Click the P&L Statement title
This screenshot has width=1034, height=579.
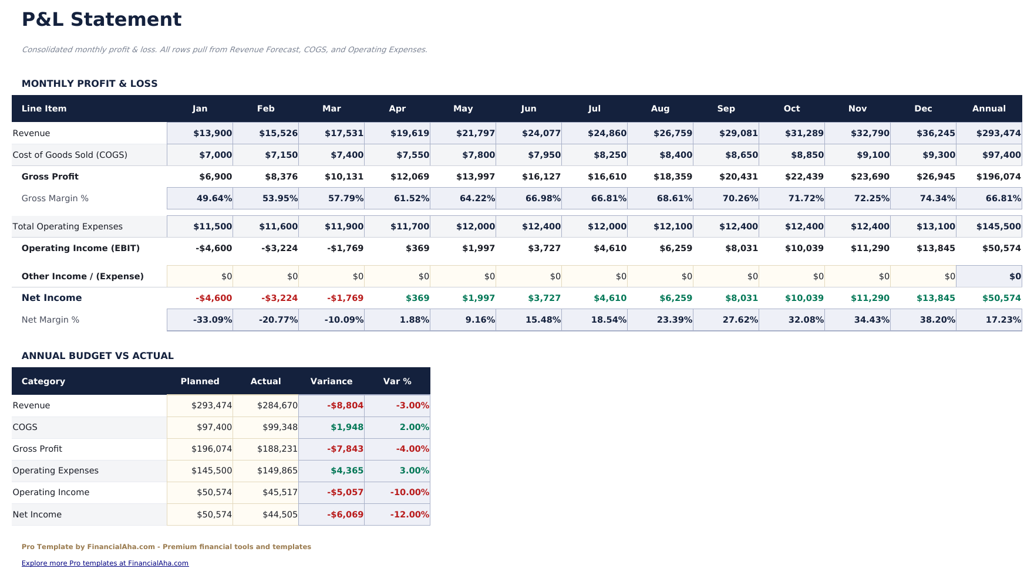click(102, 19)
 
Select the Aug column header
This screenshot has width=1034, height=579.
click(660, 109)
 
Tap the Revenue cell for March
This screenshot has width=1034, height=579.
click(344, 133)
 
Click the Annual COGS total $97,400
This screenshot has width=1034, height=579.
click(998, 155)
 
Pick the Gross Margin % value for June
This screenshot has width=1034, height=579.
click(543, 198)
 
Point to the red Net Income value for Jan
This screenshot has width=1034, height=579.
click(214, 298)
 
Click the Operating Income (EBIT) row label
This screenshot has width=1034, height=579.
click(80, 248)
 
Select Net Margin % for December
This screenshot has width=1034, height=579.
click(937, 320)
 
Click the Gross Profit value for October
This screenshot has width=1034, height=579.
click(804, 177)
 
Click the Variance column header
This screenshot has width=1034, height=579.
click(331, 381)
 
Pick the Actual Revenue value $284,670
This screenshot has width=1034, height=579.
click(277, 405)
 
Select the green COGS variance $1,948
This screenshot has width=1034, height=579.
click(346, 427)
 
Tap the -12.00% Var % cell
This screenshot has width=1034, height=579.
click(409, 514)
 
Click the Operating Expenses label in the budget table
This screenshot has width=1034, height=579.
click(56, 470)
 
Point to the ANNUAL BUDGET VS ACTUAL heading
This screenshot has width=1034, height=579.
click(97, 356)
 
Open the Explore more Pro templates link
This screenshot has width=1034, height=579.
click(105, 563)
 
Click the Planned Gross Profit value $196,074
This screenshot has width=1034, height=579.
click(211, 449)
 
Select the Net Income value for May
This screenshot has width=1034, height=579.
click(478, 298)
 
